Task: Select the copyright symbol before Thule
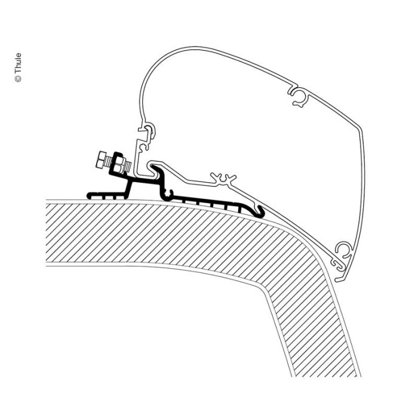[19, 78]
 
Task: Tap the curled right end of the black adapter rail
[260, 210]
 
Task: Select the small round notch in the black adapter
[169, 192]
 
